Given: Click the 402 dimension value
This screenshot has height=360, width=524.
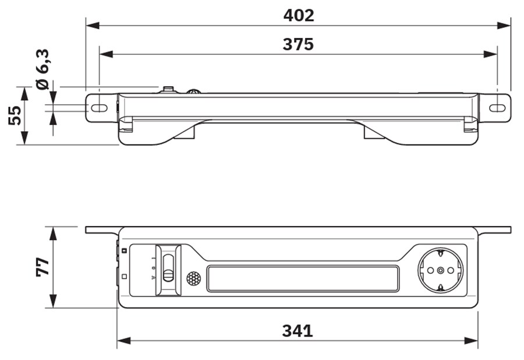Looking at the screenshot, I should (x=299, y=16).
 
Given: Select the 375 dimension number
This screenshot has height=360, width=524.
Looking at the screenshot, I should (x=298, y=44).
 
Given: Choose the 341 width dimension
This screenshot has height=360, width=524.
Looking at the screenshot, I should (x=298, y=331).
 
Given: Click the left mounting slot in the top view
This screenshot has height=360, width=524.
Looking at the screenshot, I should (x=99, y=108).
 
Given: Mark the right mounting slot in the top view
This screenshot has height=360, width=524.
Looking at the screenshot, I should (x=497, y=108).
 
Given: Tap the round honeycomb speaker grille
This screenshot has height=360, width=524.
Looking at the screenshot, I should (x=194, y=278).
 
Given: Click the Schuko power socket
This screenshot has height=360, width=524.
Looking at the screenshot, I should (x=440, y=269).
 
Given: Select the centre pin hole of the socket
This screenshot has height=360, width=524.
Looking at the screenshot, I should (x=440, y=270).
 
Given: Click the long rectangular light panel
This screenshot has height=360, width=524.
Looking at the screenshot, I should (x=303, y=278).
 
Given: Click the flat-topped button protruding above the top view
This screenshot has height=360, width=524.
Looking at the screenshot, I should (x=168, y=90).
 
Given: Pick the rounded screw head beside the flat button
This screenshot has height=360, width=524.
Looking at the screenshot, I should (x=193, y=91).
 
